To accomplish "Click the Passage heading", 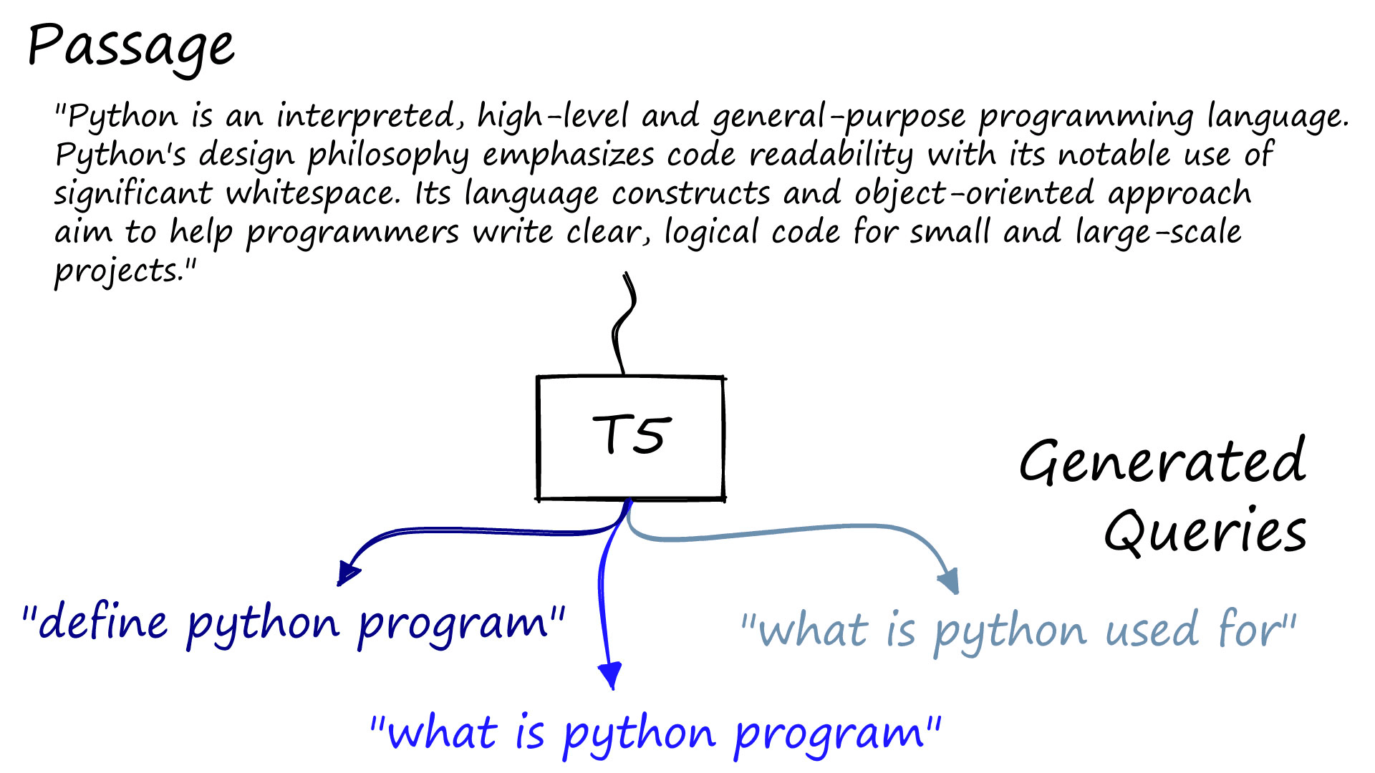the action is pos(131,47).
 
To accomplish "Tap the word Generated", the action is pos(1162,462).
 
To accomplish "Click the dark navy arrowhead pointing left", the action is pos(348,573).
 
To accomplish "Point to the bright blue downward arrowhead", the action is pos(610,676).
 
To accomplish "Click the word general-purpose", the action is pos(839,117).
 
